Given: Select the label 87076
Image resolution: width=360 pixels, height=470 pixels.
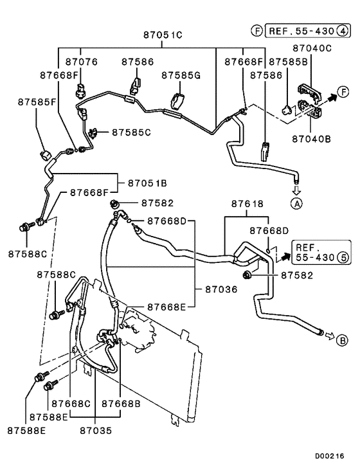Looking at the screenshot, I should click(x=81, y=61).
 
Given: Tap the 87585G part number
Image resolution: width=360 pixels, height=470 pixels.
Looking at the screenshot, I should click(x=181, y=75).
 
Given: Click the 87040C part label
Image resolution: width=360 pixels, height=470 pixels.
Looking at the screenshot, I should click(x=313, y=48).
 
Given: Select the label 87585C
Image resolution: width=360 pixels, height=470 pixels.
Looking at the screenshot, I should click(x=131, y=132).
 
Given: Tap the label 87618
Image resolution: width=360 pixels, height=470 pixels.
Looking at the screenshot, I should click(x=248, y=203).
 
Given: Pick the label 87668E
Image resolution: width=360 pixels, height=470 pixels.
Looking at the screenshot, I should click(x=166, y=307).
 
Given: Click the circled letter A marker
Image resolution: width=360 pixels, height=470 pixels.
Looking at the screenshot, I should click(x=296, y=204).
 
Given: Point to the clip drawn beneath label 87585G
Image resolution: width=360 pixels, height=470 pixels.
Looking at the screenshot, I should click(x=178, y=101).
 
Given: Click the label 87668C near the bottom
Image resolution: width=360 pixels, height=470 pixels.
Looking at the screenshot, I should click(x=71, y=403).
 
